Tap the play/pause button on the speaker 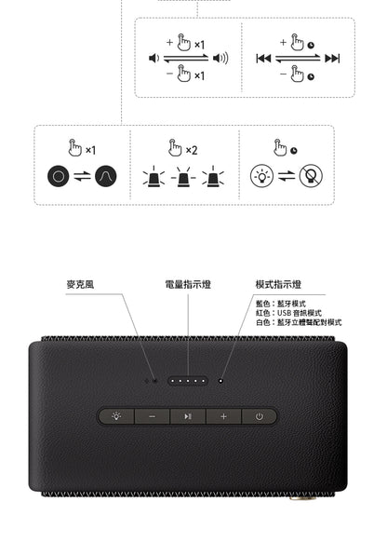[x=187, y=416]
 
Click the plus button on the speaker [x=223, y=416]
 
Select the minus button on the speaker [x=151, y=416]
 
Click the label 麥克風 [x=80, y=284]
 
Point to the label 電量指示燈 [x=187, y=284]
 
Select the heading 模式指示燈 [x=278, y=284]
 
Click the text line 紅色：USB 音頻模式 [x=288, y=313]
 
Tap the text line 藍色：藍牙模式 [x=280, y=304]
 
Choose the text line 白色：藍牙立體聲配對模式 [x=298, y=322]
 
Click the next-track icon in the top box [x=331, y=59]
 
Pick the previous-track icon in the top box [x=263, y=59]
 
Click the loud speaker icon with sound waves [x=220, y=59]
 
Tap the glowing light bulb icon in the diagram [x=260, y=177]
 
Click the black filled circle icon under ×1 [x=60, y=177]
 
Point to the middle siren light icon [x=184, y=177]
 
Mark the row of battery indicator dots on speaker [x=187, y=380]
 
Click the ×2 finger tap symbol [x=182, y=148]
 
